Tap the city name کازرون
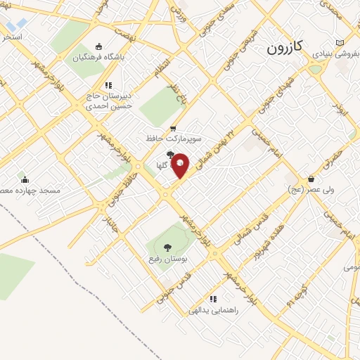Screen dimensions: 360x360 pos(285,48)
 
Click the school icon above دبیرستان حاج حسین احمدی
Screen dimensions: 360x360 pos(108,85)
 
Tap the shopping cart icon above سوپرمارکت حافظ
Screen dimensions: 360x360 pos(173,128)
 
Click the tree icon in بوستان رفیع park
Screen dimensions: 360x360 pos(167,247)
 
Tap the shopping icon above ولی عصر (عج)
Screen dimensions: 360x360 pos(310,179)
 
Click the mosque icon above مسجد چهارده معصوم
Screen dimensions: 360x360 pos(25,179)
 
